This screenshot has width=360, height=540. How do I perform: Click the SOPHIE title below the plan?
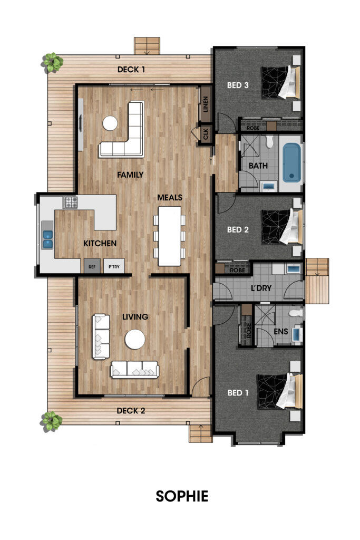182,496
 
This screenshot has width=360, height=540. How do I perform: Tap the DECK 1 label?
131,70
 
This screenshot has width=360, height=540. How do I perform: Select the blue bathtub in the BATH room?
291,162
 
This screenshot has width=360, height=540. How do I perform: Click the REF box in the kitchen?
92,266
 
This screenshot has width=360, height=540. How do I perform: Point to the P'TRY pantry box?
114,266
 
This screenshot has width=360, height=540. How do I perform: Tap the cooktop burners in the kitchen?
71,202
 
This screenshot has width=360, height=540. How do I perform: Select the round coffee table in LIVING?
135,339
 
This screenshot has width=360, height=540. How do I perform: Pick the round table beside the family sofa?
110,123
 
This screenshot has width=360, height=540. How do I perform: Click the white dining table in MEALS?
170,236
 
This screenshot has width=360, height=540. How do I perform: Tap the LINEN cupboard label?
206,104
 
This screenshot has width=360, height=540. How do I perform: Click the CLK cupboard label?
206,134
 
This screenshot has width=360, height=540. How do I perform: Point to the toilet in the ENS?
296,313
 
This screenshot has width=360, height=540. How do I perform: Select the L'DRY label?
261,288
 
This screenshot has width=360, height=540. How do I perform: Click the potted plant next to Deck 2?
52,421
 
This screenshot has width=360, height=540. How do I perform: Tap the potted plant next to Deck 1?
53,63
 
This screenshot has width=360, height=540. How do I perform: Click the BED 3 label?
238,85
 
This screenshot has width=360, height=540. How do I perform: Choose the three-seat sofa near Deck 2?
134,370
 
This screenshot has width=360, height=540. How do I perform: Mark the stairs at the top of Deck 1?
147,46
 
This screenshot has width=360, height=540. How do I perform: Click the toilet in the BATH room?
269,141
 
